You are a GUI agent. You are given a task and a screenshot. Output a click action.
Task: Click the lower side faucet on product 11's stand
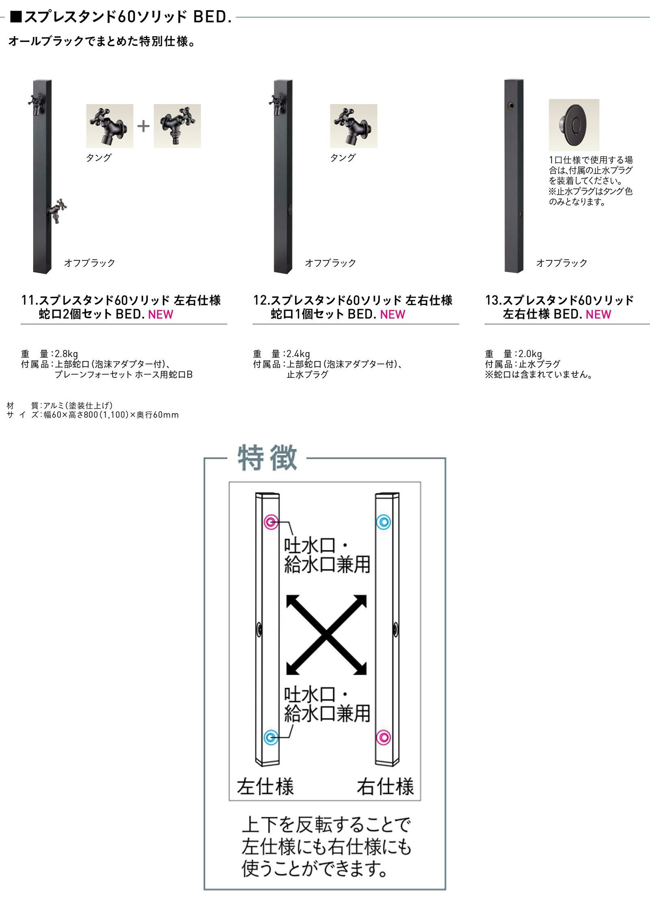[x=57, y=211]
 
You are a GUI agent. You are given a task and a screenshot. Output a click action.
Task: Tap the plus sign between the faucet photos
[x=143, y=126]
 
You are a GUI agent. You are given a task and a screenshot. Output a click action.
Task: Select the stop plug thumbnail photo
[x=574, y=125]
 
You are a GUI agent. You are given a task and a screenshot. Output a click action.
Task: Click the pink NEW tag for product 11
[x=161, y=314]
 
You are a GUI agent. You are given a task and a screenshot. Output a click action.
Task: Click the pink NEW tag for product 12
[x=392, y=314]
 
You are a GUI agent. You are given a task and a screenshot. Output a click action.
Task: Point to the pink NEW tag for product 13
[x=598, y=314]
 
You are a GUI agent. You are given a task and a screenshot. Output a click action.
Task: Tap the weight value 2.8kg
[x=66, y=354]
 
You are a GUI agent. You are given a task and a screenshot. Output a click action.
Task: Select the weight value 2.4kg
[x=298, y=354]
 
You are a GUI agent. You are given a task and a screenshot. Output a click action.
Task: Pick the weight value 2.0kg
[x=530, y=354]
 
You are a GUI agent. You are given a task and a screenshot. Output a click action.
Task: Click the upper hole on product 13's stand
[x=511, y=106]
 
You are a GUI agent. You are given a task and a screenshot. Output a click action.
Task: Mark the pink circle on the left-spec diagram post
[x=271, y=522]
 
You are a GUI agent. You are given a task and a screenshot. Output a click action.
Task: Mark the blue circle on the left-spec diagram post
[x=271, y=737]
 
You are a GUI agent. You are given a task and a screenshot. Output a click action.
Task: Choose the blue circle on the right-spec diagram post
[x=383, y=522]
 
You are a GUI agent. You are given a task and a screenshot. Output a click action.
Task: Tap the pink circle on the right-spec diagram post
[x=383, y=737]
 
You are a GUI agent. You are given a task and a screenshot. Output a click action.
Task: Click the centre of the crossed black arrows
[x=327, y=635]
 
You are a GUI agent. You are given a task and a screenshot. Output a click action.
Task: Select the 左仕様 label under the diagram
[x=265, y=786]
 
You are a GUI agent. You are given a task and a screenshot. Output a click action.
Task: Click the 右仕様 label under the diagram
[x=386, y=786]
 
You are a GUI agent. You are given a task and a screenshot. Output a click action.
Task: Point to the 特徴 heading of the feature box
[x=267, y=458]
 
